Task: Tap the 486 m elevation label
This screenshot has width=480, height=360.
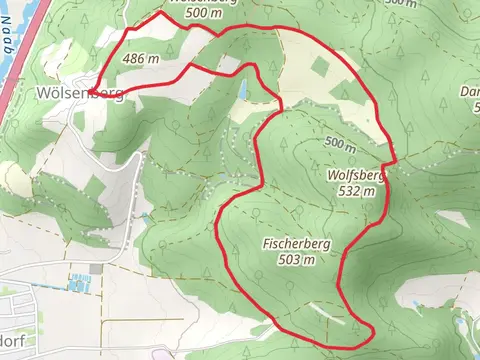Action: pyautogui.click(x=141, y=59)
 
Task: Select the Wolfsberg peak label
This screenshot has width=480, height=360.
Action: pyautogui.click(x=355, y=174)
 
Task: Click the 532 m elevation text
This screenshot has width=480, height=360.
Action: pyautogui.click(x=355, y=190)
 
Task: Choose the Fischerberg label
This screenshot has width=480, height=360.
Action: pyautogui.click(x=290, y=244)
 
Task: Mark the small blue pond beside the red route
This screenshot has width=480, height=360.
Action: pyautogui.click(x=242, y=90)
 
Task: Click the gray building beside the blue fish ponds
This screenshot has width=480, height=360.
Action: pyautogui.click(x=96, y=268)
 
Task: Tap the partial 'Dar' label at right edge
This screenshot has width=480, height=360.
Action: pyautogui.click(x=470, y=93)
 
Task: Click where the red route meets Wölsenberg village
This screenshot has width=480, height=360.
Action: pyautogui.click(x=93, y=91)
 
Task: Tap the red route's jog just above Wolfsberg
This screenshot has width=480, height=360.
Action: pyautogui.click(x=390, y=160)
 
